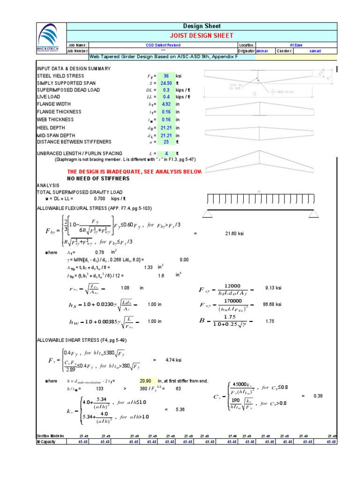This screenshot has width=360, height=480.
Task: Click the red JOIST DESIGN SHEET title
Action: point(201,35)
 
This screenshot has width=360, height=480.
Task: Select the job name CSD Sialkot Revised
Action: point(163,45)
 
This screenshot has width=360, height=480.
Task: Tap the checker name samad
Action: point(315,51)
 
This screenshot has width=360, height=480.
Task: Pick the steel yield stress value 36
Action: point(166,76)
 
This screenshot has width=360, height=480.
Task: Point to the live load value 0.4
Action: point(166,97)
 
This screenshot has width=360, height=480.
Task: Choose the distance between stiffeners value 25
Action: point(166,142)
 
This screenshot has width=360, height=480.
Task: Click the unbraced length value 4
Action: point(166,153)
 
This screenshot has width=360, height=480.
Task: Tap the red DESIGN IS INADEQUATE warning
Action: point(135,172)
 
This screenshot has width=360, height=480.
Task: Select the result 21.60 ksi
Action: point(234,233)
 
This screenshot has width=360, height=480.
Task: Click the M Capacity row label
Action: point(49,442)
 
